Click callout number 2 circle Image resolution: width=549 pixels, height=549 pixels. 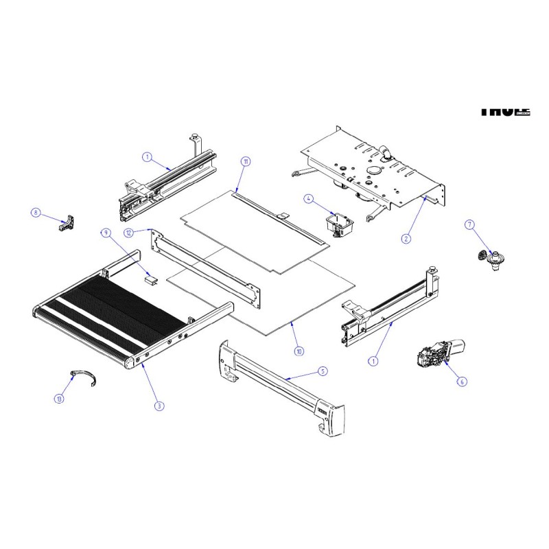[x=406, y=238]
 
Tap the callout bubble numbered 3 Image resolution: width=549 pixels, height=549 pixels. [x=159, y=406]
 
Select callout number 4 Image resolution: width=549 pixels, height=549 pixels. [x=309, y=199]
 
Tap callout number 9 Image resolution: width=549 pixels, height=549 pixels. [x=106, y=233]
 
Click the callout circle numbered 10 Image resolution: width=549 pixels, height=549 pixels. [x=298, y=351]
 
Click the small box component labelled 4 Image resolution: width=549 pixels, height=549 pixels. [x=340, y=224]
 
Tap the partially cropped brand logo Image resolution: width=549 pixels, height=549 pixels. [x=504, y=110]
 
